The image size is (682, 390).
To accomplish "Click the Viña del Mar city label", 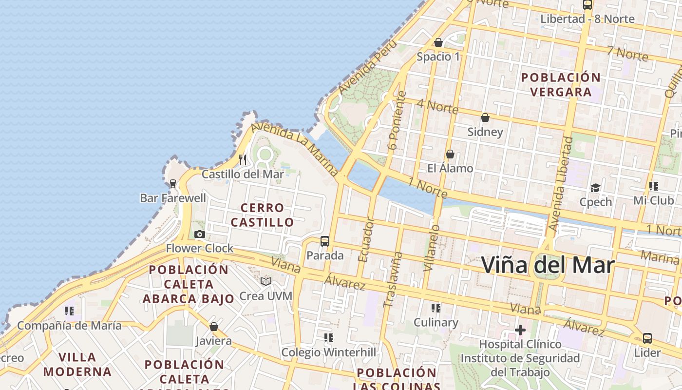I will (x=548, y=265).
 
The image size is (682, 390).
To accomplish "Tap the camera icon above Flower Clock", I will (x=199, y=234).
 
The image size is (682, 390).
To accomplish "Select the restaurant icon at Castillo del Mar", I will (x=243, y=159).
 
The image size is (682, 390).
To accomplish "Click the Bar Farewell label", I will (x=173, y=198).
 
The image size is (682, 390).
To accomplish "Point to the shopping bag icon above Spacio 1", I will (x=438, y=42).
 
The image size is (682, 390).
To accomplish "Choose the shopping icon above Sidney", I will (x=485, y=117).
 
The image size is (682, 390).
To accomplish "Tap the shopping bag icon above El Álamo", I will (x=450, y=154).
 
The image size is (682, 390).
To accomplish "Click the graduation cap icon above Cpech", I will (x=595, y=188).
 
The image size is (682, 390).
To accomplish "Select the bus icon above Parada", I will (x=324, y=241).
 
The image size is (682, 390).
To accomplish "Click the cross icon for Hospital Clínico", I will (x=520, y=330).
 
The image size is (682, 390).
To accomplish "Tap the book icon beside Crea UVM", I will (x=265, y=281).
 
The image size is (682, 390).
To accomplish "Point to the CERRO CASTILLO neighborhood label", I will (x=263, y=215).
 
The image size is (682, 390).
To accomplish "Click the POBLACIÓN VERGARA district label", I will (x=561, y=84).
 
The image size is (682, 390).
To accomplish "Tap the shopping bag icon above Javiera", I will (x=213, y=327).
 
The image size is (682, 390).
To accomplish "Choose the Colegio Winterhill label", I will (x=329, y=352).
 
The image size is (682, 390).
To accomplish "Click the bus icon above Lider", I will (x=647, y=338).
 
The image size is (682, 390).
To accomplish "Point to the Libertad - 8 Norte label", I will (x=587, y=19).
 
